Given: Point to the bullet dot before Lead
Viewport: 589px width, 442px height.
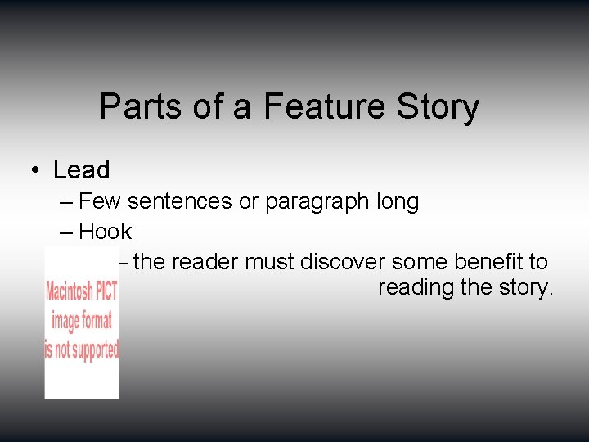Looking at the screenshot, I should (35, 170).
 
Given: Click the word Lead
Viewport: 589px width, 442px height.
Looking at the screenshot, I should (81, 169).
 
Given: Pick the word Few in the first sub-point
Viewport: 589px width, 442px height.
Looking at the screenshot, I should (100, 201).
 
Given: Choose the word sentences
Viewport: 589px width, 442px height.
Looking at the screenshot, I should (180, 201).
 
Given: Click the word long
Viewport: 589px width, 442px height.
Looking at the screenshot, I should (399, 201).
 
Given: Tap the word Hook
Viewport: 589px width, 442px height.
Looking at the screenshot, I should (106, 232).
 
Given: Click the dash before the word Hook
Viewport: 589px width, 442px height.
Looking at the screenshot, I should (65, 232).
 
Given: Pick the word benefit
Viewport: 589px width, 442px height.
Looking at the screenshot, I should (478, 262).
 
